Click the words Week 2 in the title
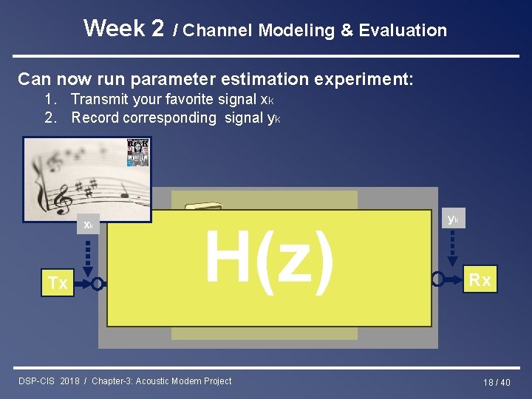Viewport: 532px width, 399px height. (123, 28)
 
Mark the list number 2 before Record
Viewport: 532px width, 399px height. (50, 117)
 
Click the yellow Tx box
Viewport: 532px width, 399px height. (58, 282)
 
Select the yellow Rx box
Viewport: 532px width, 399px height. (480, 279)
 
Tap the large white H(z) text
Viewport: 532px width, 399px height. (269, 256)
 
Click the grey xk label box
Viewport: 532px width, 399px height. (88, 225)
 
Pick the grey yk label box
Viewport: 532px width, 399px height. (453, 219)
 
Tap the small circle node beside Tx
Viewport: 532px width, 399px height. (95, 283)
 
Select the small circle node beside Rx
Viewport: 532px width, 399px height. (439, 279)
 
